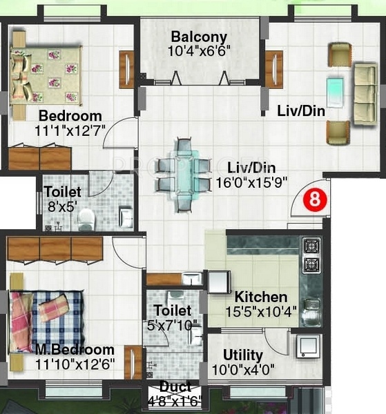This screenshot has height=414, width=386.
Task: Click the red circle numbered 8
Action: click(x=315, y=200)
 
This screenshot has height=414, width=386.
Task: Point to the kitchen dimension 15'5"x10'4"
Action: click(x=260, y=311)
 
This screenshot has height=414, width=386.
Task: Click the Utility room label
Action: click(x=242, y=355)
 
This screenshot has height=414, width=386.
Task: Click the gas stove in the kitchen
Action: click(x=310, y=255)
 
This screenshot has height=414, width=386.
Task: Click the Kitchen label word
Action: click(x=260, y=297)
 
